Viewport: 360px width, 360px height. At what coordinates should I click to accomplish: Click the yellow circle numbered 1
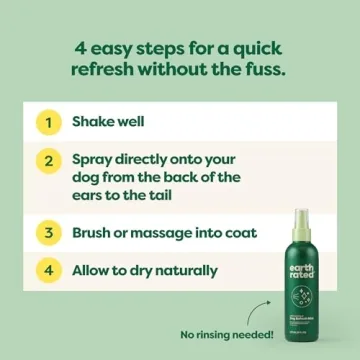pyautogui.click(x=47, y=122)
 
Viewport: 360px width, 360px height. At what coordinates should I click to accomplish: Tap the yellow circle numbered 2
pyautogui.click(x=47, y=160)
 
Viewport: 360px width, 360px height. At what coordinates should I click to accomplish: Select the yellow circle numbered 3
pyautogui.click(x=47, y=233)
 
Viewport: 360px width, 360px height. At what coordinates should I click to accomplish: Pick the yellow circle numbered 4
pyautogui.click(x=47, y=270)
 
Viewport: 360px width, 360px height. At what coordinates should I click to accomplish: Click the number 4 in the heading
pyautogui.click(x=77, y=45)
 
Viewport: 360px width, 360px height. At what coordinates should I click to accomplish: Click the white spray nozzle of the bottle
pyautogui.click(x=299, y=218)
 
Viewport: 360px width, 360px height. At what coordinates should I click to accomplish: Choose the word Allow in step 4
pyautogui.click(x=95, y=271)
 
